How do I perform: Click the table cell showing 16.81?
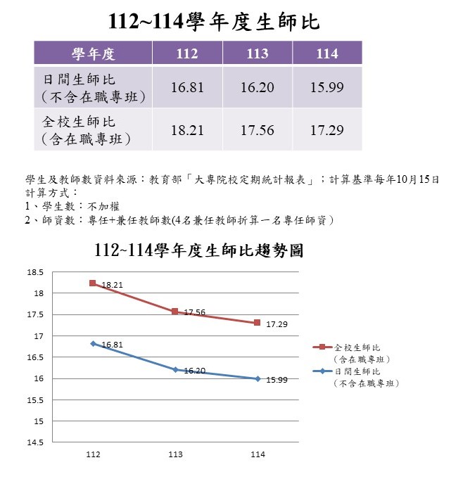(x=187, y=87)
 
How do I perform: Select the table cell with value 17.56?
(x=258, y=130)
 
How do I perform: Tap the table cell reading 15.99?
(x=327, y=87)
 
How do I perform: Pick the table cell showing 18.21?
(x=187, y=130)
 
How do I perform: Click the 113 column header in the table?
(x=258, y=53)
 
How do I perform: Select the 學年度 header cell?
(x=93, y=53)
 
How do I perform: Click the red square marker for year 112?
(x=93, y=283)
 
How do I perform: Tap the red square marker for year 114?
(x=258, y=323)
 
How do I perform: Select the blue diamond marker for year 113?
(x=175, y=370)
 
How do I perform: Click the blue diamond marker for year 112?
(x=93, y=344)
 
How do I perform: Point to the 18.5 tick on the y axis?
(x=35, y=272)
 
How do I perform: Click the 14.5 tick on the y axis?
(x=35, y=442)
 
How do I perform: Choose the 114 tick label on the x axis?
(x=258, y=454)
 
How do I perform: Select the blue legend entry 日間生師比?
(x=356, y=377)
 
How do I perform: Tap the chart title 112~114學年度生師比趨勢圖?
(x=198, y=250)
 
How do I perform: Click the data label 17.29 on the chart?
(x=277, y=324)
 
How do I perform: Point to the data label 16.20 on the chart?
(x=195, y=371)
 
